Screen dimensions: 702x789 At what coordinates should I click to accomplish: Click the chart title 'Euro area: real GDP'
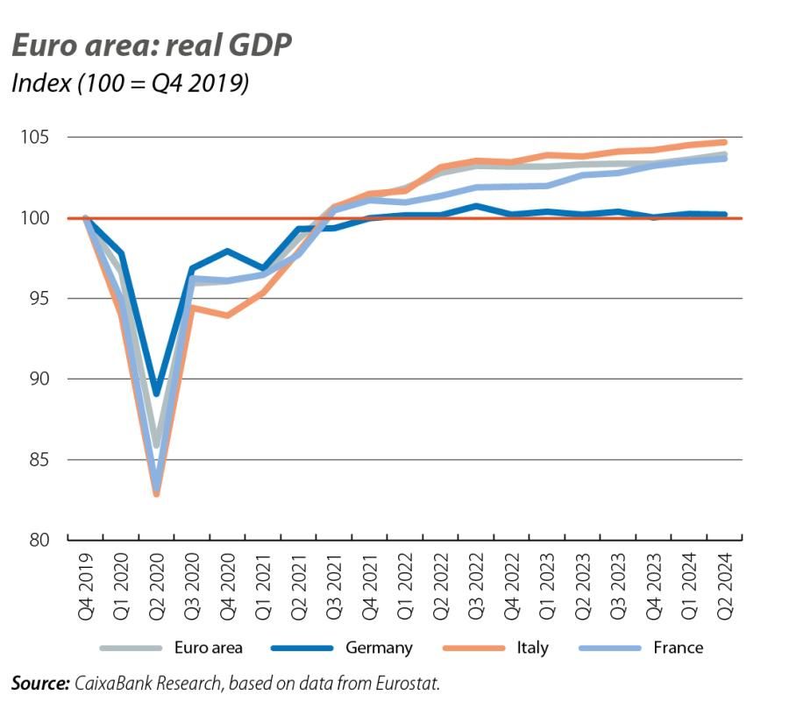coord(150,46)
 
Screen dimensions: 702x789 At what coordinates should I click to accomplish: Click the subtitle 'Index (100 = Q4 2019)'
coord(130,84)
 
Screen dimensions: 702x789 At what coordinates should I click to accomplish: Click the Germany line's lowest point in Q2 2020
coord(157,394)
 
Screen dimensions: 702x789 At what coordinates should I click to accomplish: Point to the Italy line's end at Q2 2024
coord(724,142)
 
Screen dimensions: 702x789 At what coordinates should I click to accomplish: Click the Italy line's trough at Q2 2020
coord(157,494)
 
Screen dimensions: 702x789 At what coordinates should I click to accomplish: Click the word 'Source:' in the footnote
coord(40,681)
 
